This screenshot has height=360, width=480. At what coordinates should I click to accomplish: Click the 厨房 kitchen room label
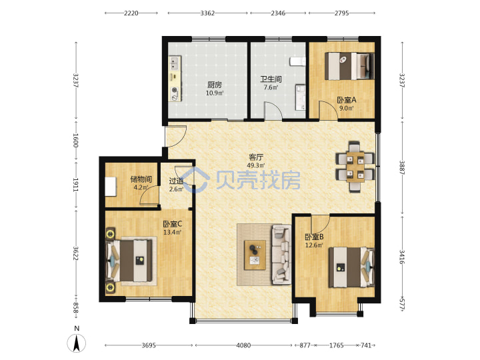coord(214,85)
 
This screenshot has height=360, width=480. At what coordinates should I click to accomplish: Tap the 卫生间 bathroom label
coord(271,79)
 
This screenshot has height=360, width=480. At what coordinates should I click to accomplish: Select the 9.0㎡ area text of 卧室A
coord(347,108)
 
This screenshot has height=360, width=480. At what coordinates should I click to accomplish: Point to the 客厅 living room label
coord(255,157)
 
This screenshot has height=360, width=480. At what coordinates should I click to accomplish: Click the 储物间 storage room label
coord(141,179)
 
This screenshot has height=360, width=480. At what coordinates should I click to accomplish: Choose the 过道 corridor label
coord(176,181)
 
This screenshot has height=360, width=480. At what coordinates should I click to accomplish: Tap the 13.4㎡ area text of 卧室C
coord(173,233)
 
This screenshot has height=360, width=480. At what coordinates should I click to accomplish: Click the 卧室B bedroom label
coord(314,237)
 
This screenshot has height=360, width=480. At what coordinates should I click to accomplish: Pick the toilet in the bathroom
coord(297,61)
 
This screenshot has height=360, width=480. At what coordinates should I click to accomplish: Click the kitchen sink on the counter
coord(175,63)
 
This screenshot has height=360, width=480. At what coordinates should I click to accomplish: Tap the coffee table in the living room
coord(255,255)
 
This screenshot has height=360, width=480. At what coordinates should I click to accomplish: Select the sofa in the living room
coord(281,255)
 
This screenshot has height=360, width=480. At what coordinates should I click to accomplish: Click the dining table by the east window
coord(355,167)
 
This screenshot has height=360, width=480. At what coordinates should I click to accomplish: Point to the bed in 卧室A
coord(349,66)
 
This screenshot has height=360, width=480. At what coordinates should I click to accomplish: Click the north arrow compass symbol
coord(77,343)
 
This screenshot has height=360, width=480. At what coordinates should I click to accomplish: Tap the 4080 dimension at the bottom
coord(243,345)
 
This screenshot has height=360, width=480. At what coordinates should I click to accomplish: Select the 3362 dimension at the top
coord(207,13)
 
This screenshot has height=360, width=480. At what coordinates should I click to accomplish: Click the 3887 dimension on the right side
coord(402,167)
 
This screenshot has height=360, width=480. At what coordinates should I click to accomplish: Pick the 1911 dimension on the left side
coord(75,185)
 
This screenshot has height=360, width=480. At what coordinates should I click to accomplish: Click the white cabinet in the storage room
coord(111,187)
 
